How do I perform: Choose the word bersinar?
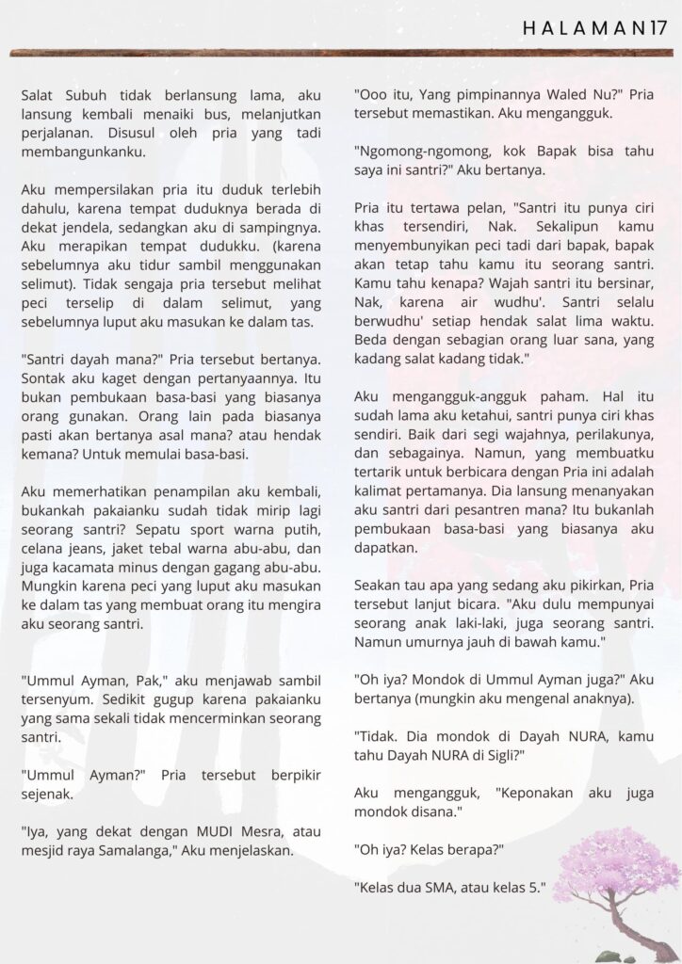619,283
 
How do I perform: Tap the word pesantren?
505,519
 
